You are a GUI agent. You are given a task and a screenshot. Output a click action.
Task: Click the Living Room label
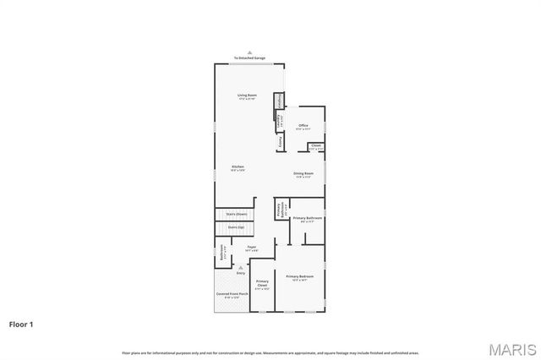pyautogui.click(x=247, y=95)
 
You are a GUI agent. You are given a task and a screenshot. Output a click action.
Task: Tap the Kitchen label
pyautogui.click(x=238, y=167)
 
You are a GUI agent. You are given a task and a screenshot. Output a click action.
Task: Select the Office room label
pyautogui.click(x=303, y=126)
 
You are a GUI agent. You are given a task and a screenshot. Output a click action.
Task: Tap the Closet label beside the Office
pyautogui.click(x=315, y=146)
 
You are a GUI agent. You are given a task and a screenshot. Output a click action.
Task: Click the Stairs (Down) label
pyautogui.click(x=236, y=215)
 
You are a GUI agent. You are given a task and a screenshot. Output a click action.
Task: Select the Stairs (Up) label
pyautogui.click(x=236, y=227)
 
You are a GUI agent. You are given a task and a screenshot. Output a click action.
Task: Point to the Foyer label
pyautogui.click(x=252, y=247)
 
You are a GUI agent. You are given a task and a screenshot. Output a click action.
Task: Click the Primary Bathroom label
pyautogui.click(x=308, y=219)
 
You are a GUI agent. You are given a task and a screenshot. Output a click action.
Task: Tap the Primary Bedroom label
pyautogui.click(x=300, y=277)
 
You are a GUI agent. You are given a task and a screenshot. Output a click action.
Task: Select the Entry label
pyautogui.click(x=241, y=274)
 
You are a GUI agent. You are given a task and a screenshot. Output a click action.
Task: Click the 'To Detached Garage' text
pyautogui.click(x=249, y=58)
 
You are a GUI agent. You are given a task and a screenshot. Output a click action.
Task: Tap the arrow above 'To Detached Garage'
pyautogui.click(x=249, y=53)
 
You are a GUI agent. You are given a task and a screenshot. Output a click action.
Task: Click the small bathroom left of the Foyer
pyautogui.click(x=222, y=252)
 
